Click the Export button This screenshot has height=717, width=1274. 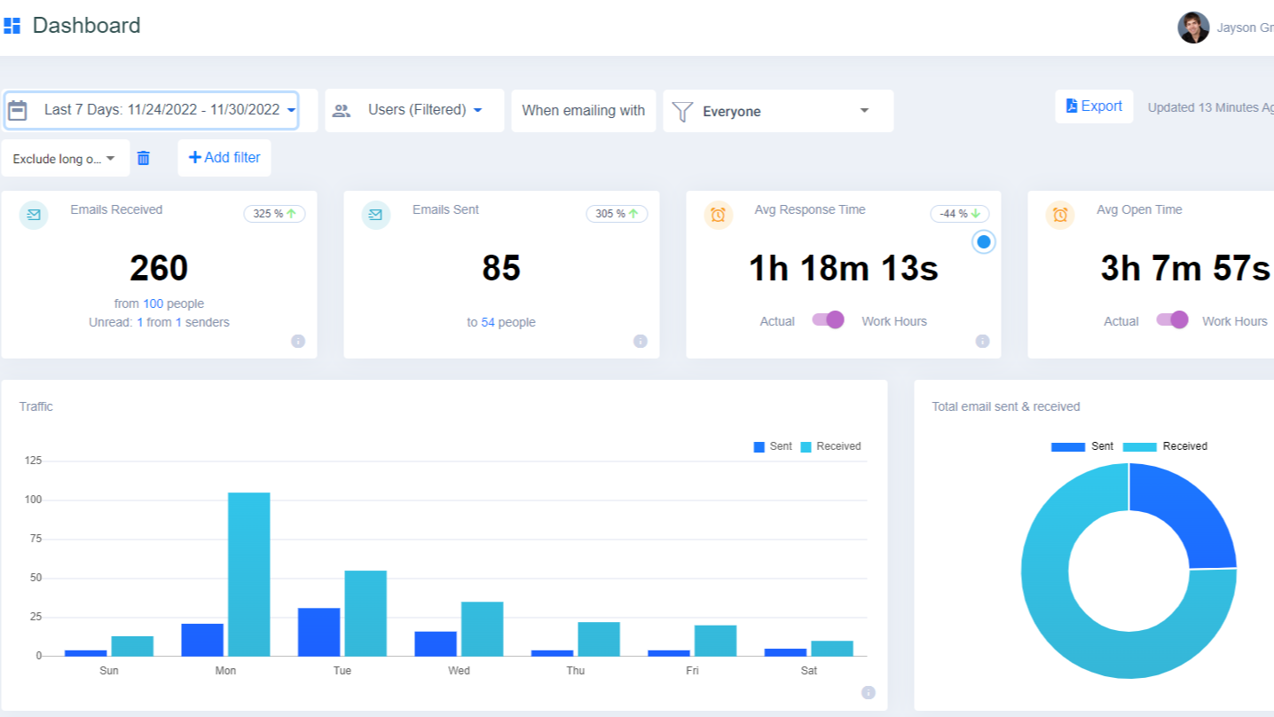1094,106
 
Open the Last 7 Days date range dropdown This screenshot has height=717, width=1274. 152,110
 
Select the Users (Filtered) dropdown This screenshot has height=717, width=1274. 414,110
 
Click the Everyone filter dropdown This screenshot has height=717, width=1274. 778,111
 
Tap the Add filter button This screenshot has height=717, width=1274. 224,158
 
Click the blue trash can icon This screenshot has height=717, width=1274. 144,158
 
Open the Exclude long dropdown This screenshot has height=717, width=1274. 65,159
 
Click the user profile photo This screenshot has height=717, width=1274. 1193,28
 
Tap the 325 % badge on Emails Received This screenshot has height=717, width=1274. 274,214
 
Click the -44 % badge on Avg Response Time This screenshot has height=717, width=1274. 959,214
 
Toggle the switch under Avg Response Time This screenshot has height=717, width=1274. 828,320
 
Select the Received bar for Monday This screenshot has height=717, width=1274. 248,574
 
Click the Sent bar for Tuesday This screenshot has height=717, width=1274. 318,632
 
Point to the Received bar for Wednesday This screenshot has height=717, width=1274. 482,629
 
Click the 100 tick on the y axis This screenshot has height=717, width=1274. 34,500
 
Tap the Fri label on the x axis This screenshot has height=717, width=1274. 692,671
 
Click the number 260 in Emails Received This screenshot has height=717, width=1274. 159,268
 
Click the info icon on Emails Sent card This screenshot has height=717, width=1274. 640,341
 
